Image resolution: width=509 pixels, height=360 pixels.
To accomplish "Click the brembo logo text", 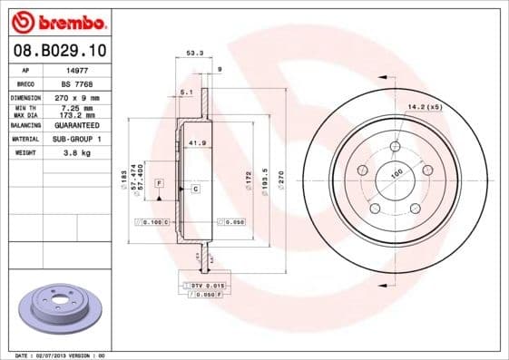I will tap(62, 21).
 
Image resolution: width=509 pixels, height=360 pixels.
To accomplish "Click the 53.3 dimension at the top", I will tap(192, 54).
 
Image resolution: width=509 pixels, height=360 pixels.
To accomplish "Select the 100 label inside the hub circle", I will tap(396, 173).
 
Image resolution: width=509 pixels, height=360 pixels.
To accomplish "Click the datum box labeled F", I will tap(159, 184).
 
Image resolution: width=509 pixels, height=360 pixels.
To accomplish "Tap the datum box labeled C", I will tap(195, 188).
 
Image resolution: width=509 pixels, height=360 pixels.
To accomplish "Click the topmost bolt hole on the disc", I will tap(395, 147).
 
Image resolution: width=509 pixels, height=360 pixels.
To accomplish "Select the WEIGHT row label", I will tap(25, 153).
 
